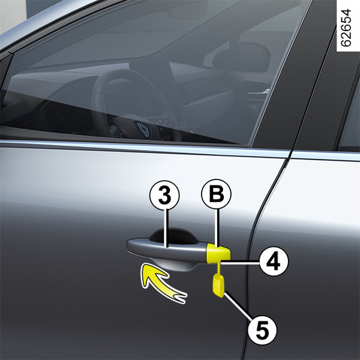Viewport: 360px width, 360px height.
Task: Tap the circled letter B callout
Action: click(x=216, y=194)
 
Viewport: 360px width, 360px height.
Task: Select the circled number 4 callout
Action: click(x=274, y=261)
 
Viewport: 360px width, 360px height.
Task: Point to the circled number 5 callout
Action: click(x=262, y=330)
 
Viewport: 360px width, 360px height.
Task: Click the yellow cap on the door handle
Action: click(x=218, y=253)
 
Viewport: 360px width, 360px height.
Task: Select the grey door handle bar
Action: click(x=167, y=249)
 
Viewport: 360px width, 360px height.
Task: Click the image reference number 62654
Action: click(x=346, y=28)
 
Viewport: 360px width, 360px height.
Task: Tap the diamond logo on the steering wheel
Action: click(x=143, y=129)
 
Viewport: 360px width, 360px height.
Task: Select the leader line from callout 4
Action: click(x=240, y=262)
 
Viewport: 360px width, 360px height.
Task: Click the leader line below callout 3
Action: click(x=167, y=228)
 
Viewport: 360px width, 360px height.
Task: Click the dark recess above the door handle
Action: click(x=174, y=235)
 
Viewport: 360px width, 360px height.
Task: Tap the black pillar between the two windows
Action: click(x=296, y=76)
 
